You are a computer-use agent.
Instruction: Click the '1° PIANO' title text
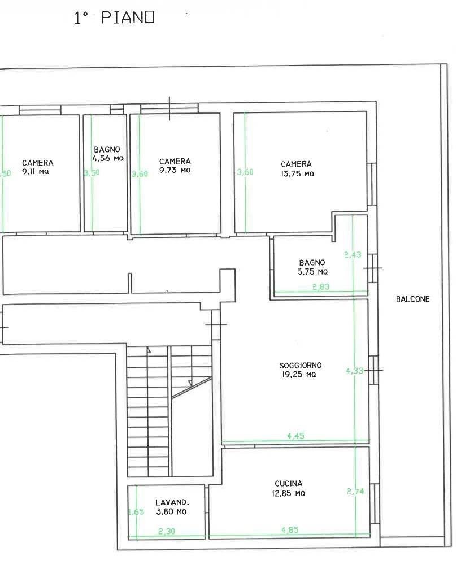[114, 18]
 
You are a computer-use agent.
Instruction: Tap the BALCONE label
[413, 299]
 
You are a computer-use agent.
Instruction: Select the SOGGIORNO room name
[301, 365]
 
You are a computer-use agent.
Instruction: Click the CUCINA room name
[289, 484]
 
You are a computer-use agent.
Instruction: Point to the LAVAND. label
[172, 502]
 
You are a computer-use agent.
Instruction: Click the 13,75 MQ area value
[298, 174]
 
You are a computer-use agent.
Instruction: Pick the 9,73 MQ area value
[175, 170]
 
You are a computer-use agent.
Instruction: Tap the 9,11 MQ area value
[36, 172]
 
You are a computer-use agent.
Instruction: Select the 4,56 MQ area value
[108, 159]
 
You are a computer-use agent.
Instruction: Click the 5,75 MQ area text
[312, 272]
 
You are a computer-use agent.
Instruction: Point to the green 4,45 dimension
[296, 436]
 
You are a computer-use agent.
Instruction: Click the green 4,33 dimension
[355, 371]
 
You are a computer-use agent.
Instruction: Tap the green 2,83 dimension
[321, 287]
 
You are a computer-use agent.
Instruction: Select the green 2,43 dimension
[353, 255]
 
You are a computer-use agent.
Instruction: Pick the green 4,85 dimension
[290, 529]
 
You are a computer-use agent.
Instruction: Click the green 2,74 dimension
[355, 492]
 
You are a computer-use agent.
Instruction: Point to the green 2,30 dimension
[167, 531]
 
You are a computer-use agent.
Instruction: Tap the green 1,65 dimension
[136, 512]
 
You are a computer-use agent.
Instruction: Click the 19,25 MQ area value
[299, 375]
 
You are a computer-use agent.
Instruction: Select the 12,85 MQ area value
[289, 493]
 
